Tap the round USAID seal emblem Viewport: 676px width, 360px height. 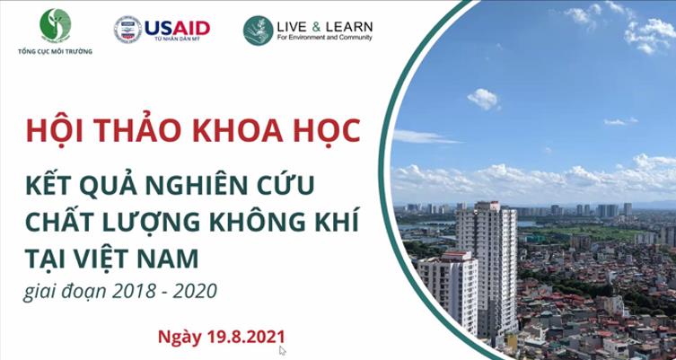(128, 30)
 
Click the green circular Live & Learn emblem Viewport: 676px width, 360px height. (258, 30)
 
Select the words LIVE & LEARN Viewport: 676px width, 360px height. (324, 25)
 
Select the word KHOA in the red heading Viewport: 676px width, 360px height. (241, 129)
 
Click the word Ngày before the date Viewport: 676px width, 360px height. (179, 338)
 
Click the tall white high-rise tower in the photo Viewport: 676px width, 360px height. (485, 260)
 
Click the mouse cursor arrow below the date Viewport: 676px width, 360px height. (283, 351)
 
